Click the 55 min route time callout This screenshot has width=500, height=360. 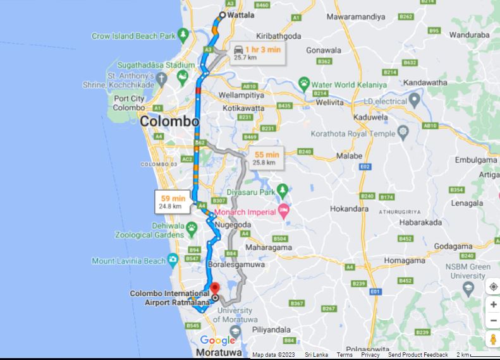click(x=266, y=158)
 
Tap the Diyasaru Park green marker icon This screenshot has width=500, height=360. click(x=283, y=189)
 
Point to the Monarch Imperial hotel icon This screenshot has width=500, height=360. click(x=283, y=212)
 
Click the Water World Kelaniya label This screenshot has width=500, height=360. click(x=348, y=85)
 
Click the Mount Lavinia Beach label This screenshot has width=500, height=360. click(x=129, y=261)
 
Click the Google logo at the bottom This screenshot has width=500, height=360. click(x=217, y=341)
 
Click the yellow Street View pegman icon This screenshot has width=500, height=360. click(x=493, y=339)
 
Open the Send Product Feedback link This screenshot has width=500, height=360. click(x=418, y=355)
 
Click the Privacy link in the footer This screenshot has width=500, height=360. click(x=370, y=355)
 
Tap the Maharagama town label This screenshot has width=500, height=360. click(x=268, y=248)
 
